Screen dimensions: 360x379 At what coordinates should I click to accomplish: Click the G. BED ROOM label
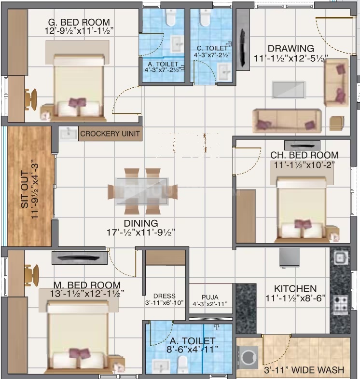point(79,22)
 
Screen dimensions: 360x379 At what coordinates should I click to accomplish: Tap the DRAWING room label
point(291,48)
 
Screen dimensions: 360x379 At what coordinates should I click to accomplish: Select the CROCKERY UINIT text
point(110,134)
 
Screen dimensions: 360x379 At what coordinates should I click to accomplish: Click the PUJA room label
point(210,297)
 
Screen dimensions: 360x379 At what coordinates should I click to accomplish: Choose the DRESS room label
point(164,296)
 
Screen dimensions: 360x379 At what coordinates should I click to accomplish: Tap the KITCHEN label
point(295,289)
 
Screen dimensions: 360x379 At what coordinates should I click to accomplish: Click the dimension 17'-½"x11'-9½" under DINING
point(141,232)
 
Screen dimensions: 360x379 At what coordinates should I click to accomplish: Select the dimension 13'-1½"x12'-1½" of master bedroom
point(87,294)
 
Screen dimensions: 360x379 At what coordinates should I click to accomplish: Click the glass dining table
point(142,191)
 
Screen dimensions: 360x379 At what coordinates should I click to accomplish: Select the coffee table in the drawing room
point(288,90)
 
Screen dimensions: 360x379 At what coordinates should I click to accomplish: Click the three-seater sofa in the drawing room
point(287,121)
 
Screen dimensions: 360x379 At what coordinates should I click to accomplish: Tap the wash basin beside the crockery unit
point(69,134)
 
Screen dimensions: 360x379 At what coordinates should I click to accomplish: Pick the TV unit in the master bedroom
point(79,257)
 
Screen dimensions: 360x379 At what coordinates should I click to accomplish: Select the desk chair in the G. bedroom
point(31,99)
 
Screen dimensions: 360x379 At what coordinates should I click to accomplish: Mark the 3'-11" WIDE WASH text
point(304,370)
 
